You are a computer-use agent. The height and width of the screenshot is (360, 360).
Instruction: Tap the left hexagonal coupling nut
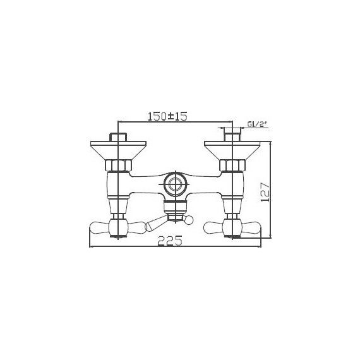click(118, 166)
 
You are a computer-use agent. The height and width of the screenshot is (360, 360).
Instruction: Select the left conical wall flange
click(118, 151)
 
